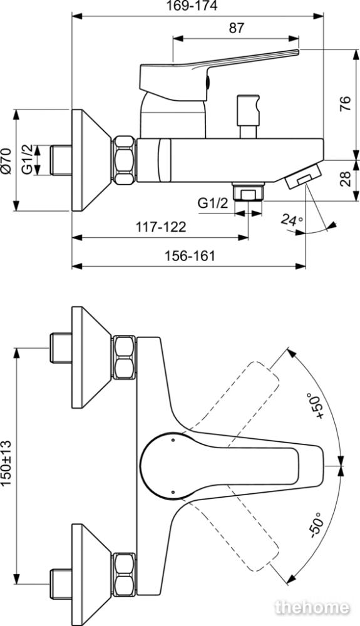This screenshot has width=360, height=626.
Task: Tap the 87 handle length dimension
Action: click(236, 28)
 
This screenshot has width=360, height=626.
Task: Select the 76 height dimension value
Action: click(345, 104)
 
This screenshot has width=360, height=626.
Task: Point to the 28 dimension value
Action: click(345, 179)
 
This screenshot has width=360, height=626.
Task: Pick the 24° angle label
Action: click(292, 220)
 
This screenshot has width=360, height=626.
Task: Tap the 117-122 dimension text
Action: click(161, 227)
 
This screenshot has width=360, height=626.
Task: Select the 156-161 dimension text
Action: click(190, 255)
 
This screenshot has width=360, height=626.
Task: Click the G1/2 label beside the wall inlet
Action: click(27, 160)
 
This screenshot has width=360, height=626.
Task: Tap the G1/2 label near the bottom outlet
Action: click(213, 203)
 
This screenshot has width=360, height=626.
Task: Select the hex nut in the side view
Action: click(124, 160)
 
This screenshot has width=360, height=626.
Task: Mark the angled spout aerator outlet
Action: click(304, 176)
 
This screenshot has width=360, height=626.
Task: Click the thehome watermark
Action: click(312, 607)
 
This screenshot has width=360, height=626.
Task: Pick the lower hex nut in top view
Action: click(124, 575)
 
